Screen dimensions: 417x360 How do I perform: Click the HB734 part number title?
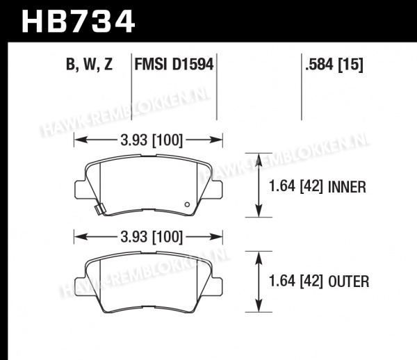pyautogui.click(x=78, y=22)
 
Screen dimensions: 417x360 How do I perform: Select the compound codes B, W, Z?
pyautogui.click(x=90, y=65)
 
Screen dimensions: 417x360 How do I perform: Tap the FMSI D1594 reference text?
pyautogui.click(x=174, y=65)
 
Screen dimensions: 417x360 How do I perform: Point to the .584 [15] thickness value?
pyautogui.click(x=334, y=65)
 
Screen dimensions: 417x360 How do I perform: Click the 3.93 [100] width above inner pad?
pyautogui.click(x=152, y=140)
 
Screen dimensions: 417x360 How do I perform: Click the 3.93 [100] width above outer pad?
pyautogui.click(x=152, y=236)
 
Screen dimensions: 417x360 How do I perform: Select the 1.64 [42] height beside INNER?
pyautogui.click(x=296, y=186)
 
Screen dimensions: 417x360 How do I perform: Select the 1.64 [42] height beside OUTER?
pyautogui.click(x=296, y=281)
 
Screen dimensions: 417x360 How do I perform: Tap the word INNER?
pyautogui.click(x=347, y=187)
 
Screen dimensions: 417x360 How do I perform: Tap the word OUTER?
pyautogui.click(x=349, y=281)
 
